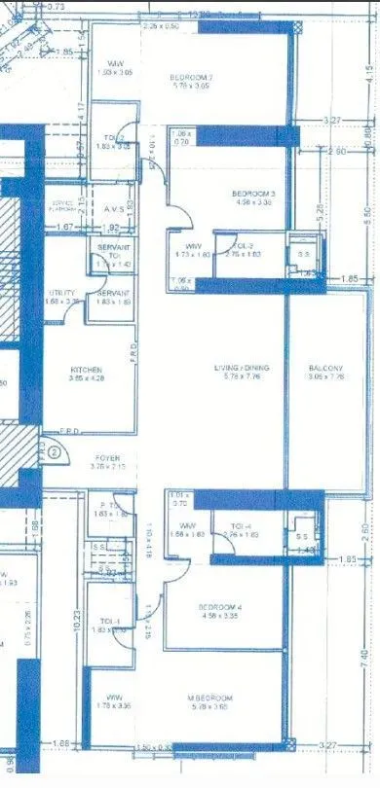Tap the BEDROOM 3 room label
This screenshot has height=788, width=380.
253,195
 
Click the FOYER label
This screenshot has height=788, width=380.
107,456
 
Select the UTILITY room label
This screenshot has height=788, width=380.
63,292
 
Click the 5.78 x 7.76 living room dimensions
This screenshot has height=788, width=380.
242,376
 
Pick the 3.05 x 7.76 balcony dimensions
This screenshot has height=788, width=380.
325,376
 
